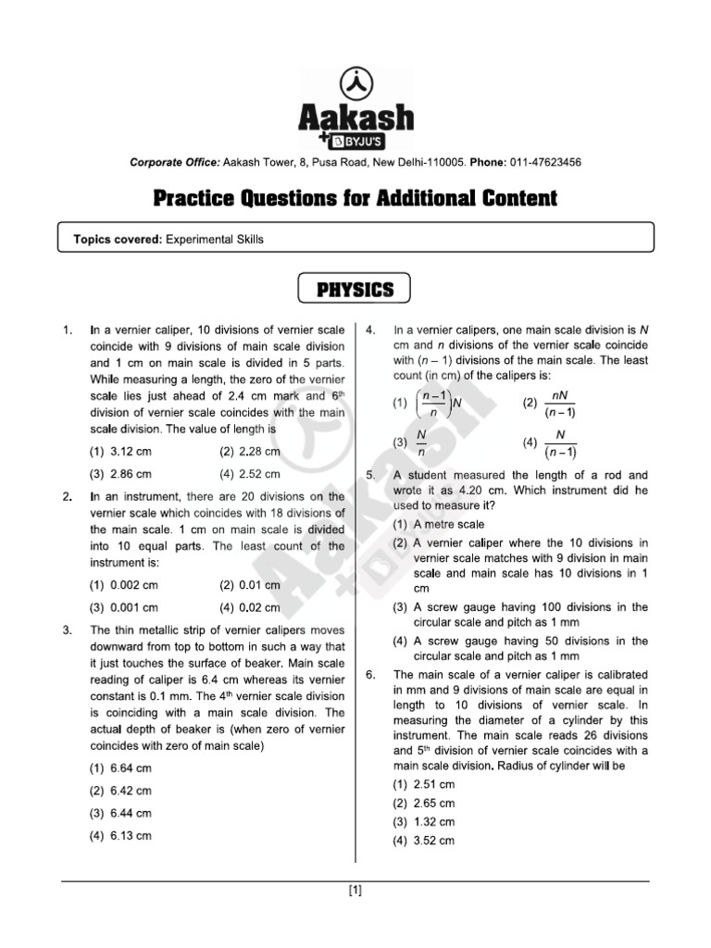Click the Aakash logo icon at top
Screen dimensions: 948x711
(x=355, y=82)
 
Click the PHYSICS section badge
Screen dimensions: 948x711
(x=355, y=290)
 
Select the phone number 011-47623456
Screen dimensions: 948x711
(x=546, y=163)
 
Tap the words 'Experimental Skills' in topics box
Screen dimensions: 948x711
(x=214, y=239)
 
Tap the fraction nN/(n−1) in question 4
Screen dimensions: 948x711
(x=560, y=403)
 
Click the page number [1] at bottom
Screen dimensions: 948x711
(x=355, y=892)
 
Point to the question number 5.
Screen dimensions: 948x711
(x=370, y=475)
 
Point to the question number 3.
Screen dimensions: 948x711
(x=67, y=630)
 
